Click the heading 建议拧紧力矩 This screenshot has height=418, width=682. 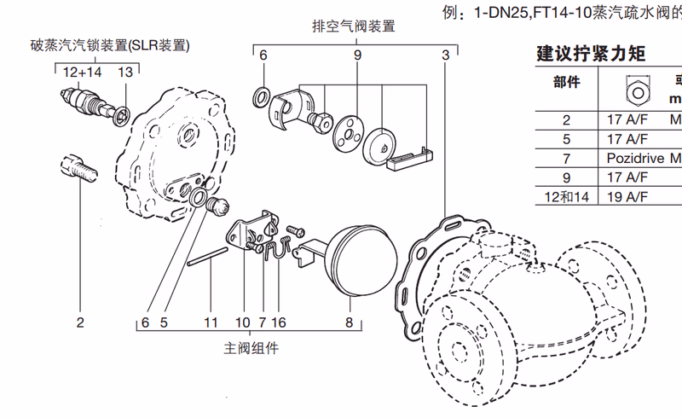tap(590, 54)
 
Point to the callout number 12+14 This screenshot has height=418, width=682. tap(82, 73)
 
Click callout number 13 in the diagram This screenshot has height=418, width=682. tap(125, 73)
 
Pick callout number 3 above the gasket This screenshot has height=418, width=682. tap(446, 55)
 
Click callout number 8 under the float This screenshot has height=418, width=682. tap(348, 323)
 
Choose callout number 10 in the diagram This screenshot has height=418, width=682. tap(243, 323)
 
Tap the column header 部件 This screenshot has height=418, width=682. tap(567, 83)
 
